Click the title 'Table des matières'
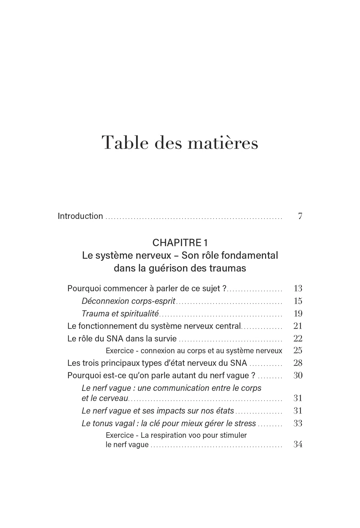(180, 143)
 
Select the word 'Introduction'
(80, 216)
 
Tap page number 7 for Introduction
(300, 216)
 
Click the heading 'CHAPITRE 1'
(180, 243)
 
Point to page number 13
(298, 289)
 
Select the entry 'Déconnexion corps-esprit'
(129, 301)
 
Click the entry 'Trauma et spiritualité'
(120, 314)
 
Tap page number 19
(298, 314)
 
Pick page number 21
(298, 326)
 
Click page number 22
(298, 338)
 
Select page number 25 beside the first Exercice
(298, 351)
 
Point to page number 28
(298, 363)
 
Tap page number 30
(298, 375)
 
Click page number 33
(298, 423)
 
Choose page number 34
(298, 444)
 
